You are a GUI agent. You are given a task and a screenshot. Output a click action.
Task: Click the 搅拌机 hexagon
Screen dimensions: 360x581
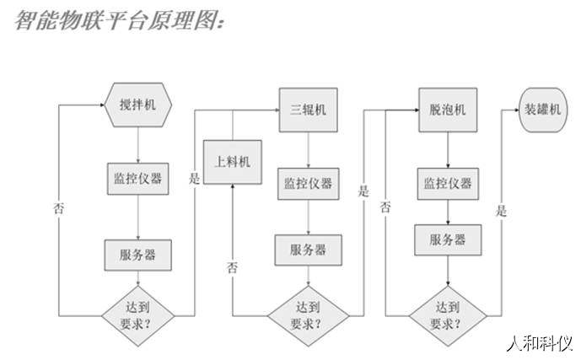point(137,105)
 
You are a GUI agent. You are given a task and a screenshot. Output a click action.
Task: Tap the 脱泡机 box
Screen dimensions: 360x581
point(447,110)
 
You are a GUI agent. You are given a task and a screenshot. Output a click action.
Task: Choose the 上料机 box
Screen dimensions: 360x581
point(230,162)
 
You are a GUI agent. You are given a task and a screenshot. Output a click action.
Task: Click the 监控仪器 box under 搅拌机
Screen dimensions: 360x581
point(137,179)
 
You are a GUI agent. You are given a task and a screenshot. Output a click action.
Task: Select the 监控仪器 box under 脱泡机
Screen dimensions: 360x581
point(447,183)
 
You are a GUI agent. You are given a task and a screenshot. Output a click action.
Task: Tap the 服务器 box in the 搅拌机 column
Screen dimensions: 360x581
point(137,253)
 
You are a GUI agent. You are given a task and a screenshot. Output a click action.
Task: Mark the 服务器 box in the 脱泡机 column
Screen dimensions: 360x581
point(447,239)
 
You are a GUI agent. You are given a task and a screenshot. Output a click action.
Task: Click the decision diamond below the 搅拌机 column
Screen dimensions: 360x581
point(137,314)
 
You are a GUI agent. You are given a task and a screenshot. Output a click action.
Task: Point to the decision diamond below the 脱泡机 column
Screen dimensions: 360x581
point(447,314)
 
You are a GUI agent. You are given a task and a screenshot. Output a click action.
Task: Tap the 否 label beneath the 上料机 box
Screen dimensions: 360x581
point(231,267)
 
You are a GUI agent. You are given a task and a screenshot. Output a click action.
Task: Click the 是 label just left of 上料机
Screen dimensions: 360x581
point(195,179)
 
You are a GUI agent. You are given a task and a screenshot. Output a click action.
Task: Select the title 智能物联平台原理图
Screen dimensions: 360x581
point(119,20)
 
